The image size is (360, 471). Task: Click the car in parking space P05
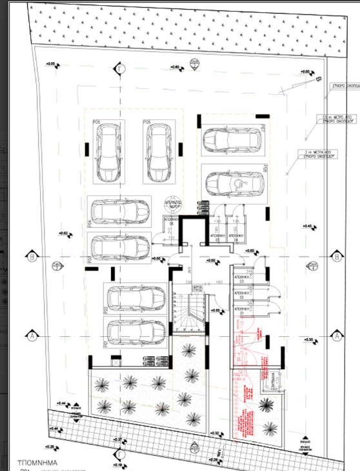(x=108, y=152)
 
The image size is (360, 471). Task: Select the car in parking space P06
(x=157, y=152)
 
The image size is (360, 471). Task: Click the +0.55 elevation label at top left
(x=52, y=64)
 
